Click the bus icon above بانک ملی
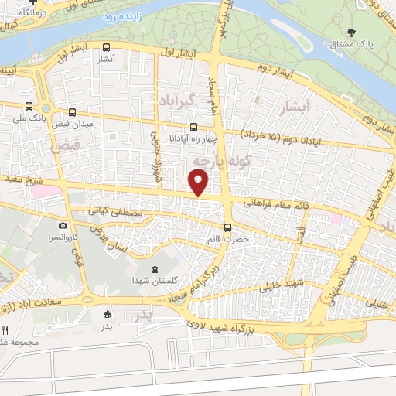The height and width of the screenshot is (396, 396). click(x=29, y=106)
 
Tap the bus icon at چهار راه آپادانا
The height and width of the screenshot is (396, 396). click(x=193, y=128)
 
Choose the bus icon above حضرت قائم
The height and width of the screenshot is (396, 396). click(x=227, y=227)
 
